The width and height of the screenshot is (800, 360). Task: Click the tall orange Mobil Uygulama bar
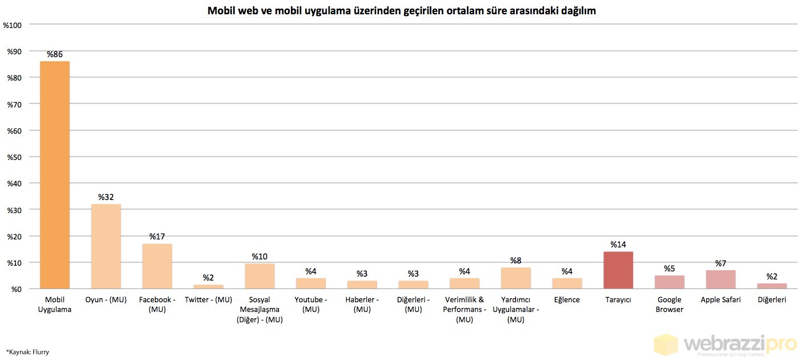pos(55,175)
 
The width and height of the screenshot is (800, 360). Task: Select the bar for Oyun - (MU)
pos(106,246)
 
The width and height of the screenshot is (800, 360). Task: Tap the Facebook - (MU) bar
pos(157,266)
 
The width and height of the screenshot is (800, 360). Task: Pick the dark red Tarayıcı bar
pos(618,270)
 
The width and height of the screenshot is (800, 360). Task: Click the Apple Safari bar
pos(721,279)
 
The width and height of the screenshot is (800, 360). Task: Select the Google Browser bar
pos(670,282)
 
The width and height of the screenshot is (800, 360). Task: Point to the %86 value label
pos(55,54)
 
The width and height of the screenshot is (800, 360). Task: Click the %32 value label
pos(106,197)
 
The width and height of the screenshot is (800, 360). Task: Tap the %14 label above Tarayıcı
pos(618,245)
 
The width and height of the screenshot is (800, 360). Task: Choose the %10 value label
pos(260,257)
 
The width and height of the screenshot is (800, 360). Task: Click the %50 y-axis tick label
pos(14,157)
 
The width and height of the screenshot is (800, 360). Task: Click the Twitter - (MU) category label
pos(209,300)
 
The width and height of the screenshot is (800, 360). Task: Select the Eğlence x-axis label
pos(567,300)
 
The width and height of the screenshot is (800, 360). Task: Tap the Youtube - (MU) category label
pos(311,305)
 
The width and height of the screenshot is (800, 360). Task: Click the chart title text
pos(402,11)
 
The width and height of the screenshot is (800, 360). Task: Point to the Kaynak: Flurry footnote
pos(27,352)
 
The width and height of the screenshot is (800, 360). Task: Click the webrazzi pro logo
pos(726,345)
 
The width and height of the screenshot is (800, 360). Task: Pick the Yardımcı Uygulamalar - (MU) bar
pos(516,278)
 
